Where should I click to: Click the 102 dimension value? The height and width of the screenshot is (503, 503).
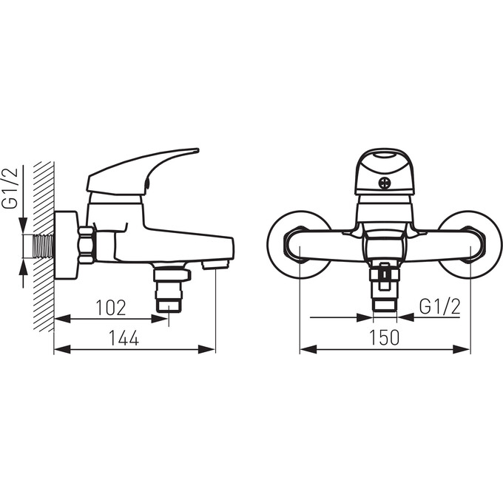[x=111, y=308]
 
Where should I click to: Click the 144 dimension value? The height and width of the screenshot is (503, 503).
[x=124, y=338]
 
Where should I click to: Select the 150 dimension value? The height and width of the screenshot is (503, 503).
[x=385, y=337]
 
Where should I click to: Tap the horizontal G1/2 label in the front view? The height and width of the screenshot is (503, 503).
[x=440, y=307]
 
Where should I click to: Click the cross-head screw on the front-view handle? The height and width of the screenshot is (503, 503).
[x=385, y=183]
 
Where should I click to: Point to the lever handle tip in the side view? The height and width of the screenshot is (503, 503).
[x=196, y=150]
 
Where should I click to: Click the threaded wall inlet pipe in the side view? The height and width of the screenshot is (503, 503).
[x=43, y=246]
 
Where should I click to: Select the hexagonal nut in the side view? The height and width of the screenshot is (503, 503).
[x=87, y=245]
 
